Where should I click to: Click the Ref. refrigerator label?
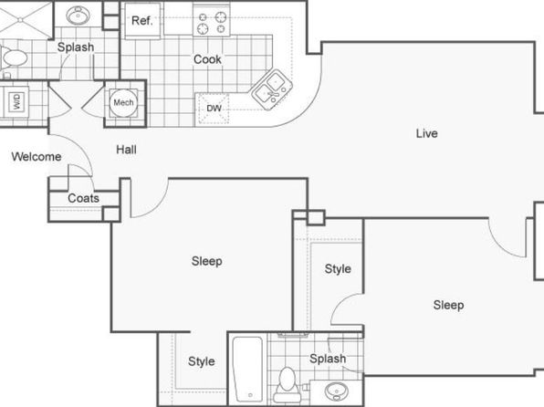[x=141, y=21]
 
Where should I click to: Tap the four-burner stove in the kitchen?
[x=211, y=22]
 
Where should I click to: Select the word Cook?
[x=207, y=59]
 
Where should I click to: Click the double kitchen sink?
[x=272, y=89]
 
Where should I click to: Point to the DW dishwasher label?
[x=214, y=109]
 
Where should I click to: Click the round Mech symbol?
[x=123, y=103]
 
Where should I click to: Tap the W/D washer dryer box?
[x=16, y=101]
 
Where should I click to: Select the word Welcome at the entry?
[x=37, y=156]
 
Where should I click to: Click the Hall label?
[x=126, y=150]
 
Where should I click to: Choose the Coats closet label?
[x=83, y=198]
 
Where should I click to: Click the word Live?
[x=427, y=133]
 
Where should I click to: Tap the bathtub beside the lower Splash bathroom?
[x=247, y=369]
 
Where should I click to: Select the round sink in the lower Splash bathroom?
[x=336, y=391]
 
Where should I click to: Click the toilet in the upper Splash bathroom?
[x=14, y=58]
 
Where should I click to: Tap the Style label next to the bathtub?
[x=201, y=361]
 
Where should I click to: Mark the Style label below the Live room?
[x=338, y=268]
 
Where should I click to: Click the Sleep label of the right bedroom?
[x=448, y=305]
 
